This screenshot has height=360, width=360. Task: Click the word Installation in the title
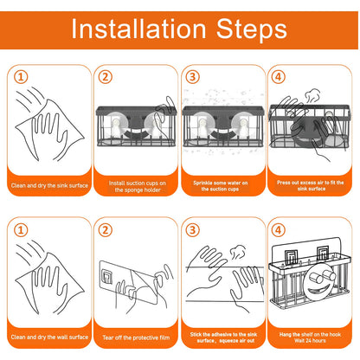(x=138, y=29)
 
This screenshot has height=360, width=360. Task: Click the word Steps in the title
(x=252, y=30)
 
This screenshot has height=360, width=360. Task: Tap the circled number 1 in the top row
(x=21, y=77)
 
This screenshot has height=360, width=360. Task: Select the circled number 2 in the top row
(x=106, y=77)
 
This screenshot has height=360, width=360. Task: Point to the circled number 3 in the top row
(x=192, y=77)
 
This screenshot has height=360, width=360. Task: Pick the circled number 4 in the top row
(x=278, y=77)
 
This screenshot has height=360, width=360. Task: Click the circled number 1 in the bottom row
(x=21, y=230)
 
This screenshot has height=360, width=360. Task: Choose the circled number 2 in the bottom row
(x=105, y=230)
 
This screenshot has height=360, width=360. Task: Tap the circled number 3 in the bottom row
(x=192, y=230)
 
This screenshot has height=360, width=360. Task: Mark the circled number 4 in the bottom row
(x=278, y=230)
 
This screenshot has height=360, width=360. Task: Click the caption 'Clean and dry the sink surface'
(x=49, y=185)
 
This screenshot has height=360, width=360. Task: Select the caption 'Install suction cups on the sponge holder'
(x=138, y=186)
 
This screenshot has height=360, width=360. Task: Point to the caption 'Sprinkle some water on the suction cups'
(x=221, y=186)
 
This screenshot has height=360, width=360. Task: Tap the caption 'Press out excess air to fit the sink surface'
(x=311, y=185)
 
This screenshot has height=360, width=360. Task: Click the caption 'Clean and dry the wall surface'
(x=49, y=337)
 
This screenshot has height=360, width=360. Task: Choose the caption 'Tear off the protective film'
(x=136, y=337)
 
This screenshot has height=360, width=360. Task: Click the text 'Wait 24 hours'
(x=310, y=341)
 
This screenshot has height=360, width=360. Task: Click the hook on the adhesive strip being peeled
(x=107, y=275)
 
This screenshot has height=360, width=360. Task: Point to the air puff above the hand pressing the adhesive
(x=238, y=252)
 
